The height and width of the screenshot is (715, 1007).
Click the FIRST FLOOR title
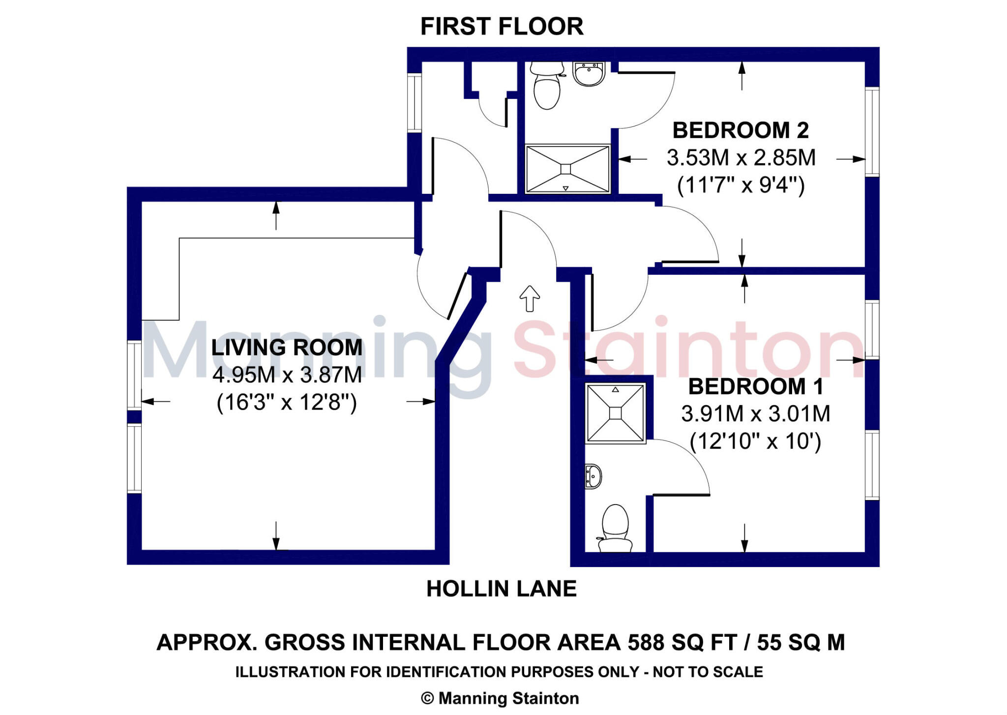pos(502,27)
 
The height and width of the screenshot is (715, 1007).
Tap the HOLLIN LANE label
pos(501,589)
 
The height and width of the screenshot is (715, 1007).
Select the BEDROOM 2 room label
pos(740,130)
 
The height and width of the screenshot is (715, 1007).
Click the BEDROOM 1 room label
pos(755,387)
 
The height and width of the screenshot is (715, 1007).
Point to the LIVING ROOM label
pos(287,348)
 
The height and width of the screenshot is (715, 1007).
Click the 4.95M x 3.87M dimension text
pos(287,375)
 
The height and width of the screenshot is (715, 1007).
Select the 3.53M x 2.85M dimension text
pos(740,158)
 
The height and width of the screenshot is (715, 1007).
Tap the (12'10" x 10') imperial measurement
pos(755,442)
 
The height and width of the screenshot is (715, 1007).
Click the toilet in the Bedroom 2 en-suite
pos(547,86)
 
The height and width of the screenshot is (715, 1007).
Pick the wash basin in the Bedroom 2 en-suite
pos(589,74)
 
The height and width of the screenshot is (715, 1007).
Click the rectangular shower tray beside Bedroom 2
pos(567,169)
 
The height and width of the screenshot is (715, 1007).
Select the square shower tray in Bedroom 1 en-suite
pos(615,413)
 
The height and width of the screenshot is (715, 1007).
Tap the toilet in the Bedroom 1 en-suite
pos(615,529)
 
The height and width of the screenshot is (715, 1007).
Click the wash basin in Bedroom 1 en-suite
pos(593,476)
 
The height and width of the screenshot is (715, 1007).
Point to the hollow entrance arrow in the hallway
pos(530,298)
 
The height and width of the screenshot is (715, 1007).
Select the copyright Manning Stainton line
pos(500,698)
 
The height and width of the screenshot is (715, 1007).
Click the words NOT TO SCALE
pos(708,672)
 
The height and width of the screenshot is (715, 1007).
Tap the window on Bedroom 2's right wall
pos(871,131)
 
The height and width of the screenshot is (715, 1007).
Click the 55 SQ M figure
pos(801,643)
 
